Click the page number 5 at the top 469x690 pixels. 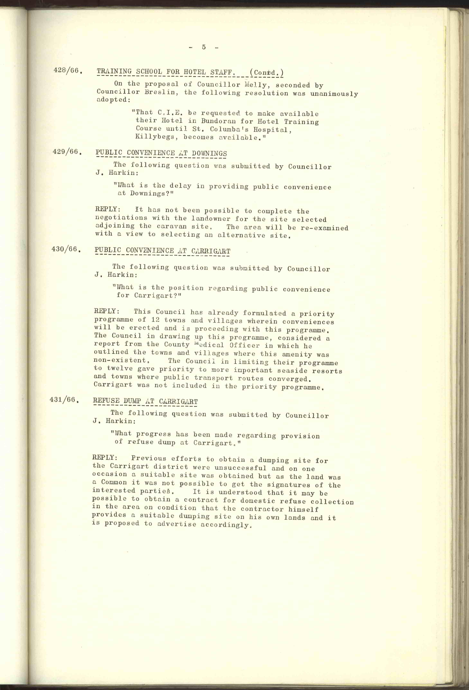[x=204, y=47]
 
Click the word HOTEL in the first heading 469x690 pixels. [x=195, y=72]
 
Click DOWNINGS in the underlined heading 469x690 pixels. [x=209, y=154]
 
